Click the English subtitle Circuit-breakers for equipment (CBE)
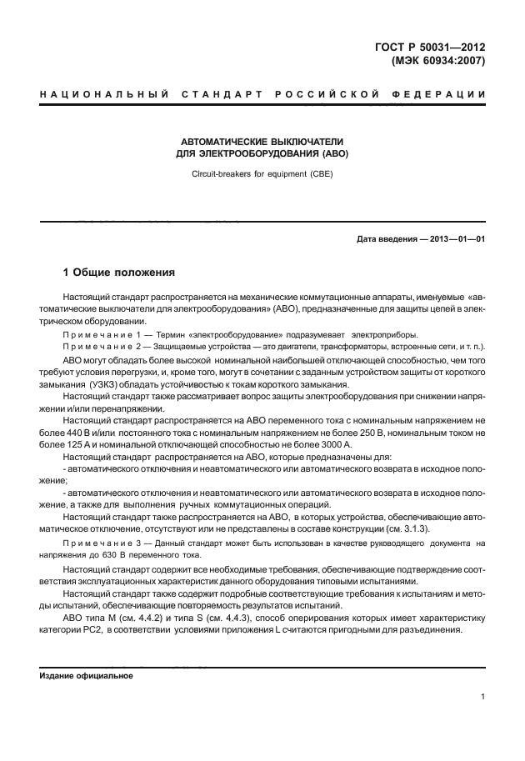(x=262, y=175)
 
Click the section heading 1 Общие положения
(x=119, y=272)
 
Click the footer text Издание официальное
(x=81, y=676)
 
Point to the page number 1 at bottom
(x=483, y=697)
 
